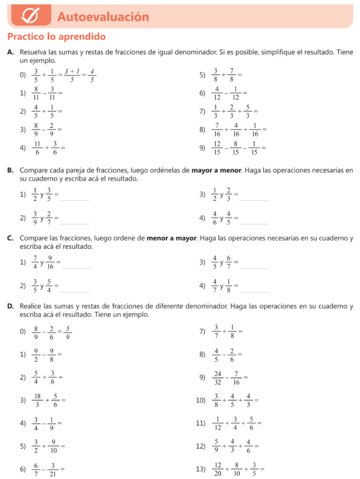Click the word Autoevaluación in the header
103,17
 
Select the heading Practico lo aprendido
57,36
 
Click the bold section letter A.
10,52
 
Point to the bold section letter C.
10,238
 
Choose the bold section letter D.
10,306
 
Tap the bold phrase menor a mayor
172,238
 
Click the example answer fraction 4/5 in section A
92,75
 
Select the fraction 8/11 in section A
36,93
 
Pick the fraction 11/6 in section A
37,148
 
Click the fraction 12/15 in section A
217,148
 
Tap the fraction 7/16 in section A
217,130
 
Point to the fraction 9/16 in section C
50,262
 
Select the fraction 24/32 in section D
217,377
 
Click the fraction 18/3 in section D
37,400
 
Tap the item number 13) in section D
200,469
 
